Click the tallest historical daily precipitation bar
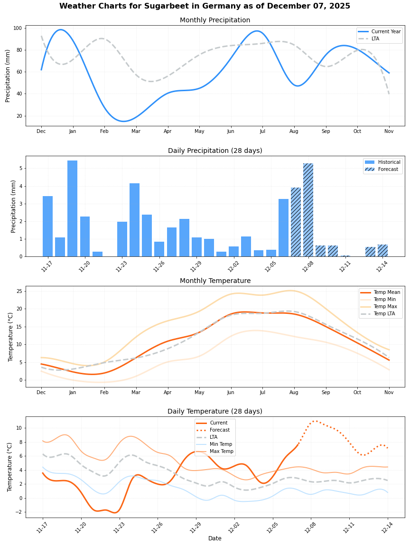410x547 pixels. point(72,209)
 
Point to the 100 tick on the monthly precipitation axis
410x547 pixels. point(18,28)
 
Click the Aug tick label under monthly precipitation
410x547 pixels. point(294,131)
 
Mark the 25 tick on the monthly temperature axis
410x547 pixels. point(19,291)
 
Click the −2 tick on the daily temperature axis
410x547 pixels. point(19,512)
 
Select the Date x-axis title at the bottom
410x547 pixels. point(214,538)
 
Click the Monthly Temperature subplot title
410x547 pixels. point(215,281)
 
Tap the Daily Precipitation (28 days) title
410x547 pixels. point(215,151)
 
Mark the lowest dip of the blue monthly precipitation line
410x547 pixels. point(123,121)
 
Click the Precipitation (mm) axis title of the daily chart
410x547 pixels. point(14,206)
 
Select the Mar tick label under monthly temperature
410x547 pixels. point(136,393)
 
